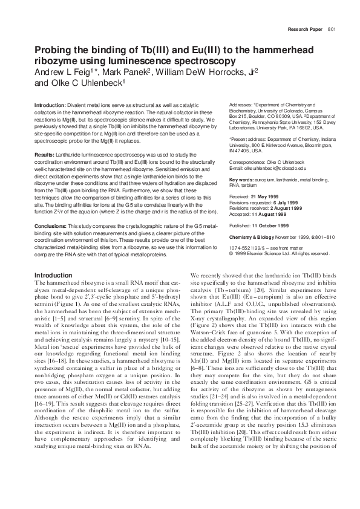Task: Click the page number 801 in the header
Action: pyautogui.click(x=332, y=29)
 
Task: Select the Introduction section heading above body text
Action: pyautogui.click(x=54, y=275)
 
